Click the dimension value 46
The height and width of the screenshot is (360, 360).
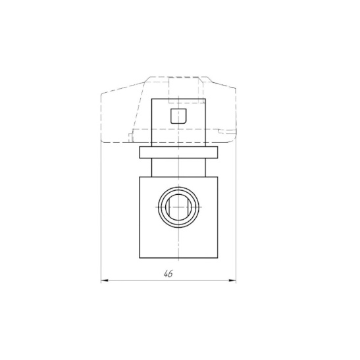[x=168, y=274]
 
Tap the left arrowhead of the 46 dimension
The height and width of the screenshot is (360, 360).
[x=105, y=280]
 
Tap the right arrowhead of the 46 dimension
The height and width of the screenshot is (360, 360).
[x=232, y=280]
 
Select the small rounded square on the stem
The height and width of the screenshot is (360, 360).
[x=178, y=116]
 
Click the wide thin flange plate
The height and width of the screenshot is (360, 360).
[x=178, y=153]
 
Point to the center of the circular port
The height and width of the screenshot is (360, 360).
[x=178, y=207]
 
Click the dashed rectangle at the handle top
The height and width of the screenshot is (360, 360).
[x=184, y=90]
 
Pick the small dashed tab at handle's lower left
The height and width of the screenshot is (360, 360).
[x=130, y=137]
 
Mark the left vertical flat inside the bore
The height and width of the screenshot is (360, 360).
[x=169, y=207]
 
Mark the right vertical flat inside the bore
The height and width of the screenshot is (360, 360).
[x=188, y=207]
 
